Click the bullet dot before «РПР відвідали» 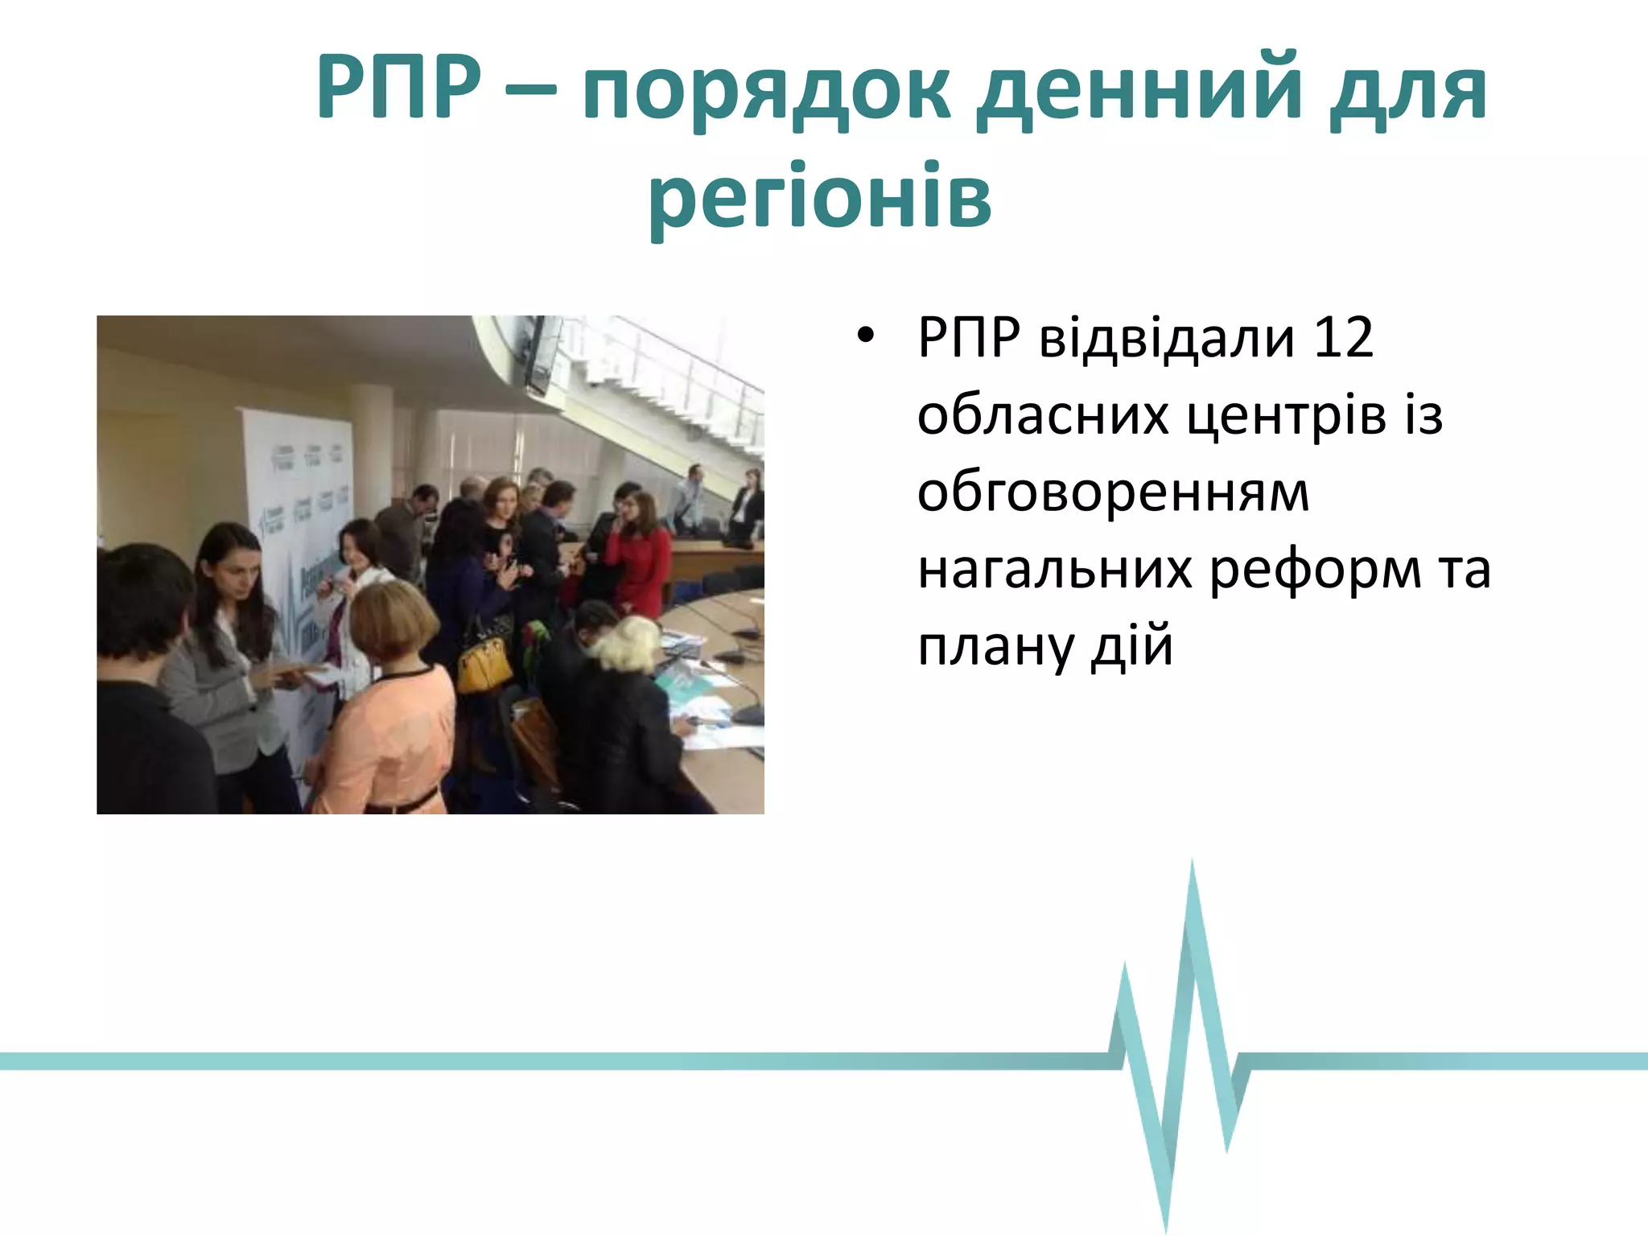coord(864,338)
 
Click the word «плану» coord(995,647)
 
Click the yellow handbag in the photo coord(484,665)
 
